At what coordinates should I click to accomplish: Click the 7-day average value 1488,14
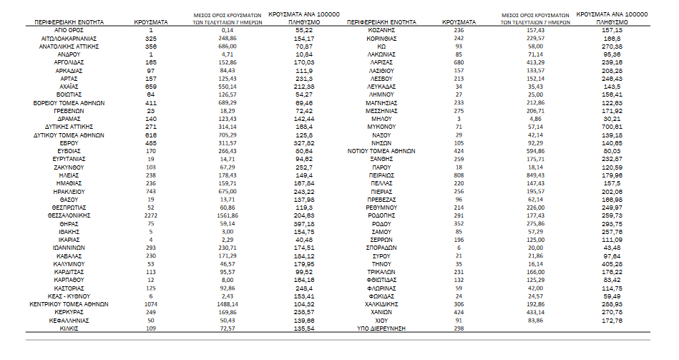pyautogui.click(x=228, y=303)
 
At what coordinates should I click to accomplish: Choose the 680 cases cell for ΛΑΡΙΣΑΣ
pyautogui.click(x=459, y=62)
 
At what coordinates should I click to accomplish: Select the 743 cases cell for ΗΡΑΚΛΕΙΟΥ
pyautogui.click(x=151, y=190)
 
